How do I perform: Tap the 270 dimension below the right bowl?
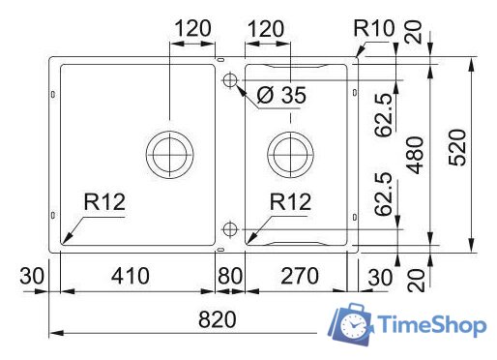coord(297,276)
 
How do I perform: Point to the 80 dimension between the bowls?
coord(229,276)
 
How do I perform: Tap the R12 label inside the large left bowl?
coord(104,202)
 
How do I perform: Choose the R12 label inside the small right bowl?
coord(290,202)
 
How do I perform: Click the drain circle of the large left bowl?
coord(170,151)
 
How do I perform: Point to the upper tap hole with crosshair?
coord(229,79)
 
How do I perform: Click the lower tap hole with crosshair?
coord(229,229)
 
